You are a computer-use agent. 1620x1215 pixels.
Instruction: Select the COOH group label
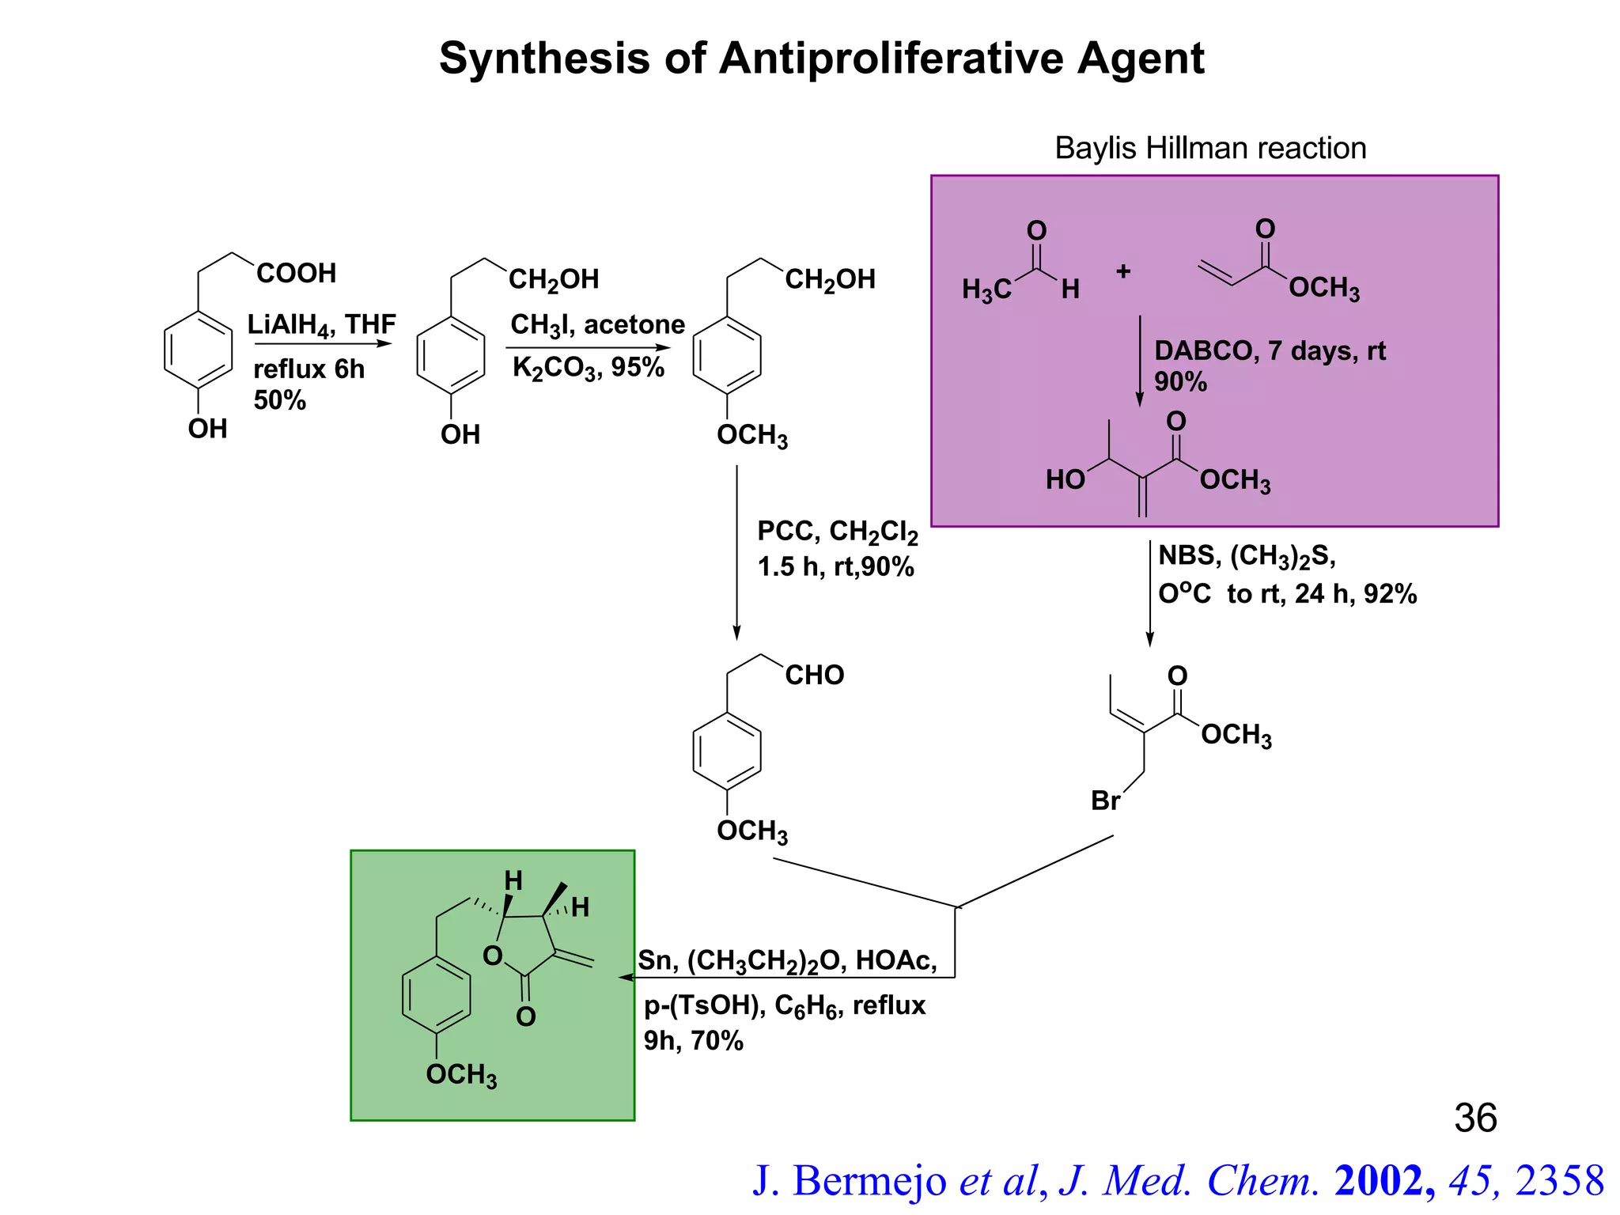(x=297, y=274)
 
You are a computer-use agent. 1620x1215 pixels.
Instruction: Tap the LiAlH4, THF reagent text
(x=321, y=324)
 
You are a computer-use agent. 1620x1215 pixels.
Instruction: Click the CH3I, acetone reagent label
(x=597, y=324)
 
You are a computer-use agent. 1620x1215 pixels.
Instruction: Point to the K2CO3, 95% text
(x=588, y=368)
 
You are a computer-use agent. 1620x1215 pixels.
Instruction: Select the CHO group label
(x=814, y=676)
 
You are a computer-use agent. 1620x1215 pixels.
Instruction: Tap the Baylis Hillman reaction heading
(x=1210, y=149)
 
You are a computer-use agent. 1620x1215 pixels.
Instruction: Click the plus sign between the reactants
(x=1123, y=272)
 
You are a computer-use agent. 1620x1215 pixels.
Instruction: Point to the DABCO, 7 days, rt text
(x=1270, y=350)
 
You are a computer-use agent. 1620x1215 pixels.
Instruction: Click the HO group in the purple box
(x=1065, y=480)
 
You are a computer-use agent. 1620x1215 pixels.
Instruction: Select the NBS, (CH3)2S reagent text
(x=1247, y=556)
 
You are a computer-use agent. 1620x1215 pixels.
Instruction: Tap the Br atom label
(x=1105, y=801)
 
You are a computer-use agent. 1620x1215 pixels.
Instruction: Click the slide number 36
(x=1475, y=1118)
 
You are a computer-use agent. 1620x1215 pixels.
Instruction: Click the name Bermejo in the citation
(x=869, y=1181)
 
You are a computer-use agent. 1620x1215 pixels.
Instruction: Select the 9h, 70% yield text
(x=693, y=1041)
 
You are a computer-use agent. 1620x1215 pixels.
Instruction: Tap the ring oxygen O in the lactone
(x=492, y=956)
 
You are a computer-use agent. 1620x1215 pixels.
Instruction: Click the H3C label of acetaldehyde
(x=986, y=290)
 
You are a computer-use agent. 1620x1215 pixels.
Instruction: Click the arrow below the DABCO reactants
(x=1140, y=361)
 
